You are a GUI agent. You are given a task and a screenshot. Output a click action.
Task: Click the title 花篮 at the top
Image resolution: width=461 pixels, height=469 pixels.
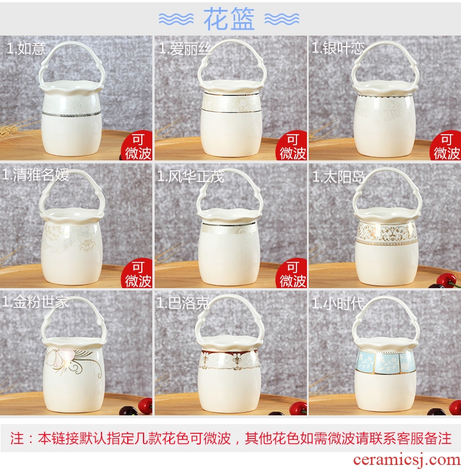[229, 19]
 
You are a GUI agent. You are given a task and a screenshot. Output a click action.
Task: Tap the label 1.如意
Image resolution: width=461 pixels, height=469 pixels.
[26, 48]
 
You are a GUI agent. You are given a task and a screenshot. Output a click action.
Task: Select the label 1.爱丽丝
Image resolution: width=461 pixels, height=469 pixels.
[185, 48]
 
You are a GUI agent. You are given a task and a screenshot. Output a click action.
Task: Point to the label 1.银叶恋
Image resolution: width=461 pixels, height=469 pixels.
[338, 48]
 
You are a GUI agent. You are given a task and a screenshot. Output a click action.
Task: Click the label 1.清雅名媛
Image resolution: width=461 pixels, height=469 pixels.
[36, 175]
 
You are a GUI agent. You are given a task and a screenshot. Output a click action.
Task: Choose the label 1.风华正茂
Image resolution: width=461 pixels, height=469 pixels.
[190, 176]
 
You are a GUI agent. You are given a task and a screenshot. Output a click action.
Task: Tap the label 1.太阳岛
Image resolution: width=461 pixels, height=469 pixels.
[338, 177]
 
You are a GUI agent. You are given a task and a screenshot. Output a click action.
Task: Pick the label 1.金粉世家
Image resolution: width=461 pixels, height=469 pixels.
[35, 302]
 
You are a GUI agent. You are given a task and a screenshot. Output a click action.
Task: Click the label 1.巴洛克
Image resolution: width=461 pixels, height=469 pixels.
[183, 303]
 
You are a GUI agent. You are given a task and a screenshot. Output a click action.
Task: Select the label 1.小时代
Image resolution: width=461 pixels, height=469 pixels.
[338, 303]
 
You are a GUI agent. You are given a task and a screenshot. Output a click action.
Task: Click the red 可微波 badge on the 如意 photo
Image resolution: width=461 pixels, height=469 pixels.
[137, 146]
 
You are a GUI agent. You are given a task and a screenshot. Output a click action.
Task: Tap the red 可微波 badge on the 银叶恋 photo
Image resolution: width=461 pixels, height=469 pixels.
[446, 146]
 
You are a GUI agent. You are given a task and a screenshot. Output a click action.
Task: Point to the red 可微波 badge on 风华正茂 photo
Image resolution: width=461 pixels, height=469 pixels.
[292, 273]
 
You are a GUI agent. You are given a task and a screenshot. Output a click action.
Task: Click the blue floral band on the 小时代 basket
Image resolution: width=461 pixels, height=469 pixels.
[385, 362]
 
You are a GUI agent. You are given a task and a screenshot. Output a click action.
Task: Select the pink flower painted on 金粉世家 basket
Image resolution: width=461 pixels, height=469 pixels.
[61, 358]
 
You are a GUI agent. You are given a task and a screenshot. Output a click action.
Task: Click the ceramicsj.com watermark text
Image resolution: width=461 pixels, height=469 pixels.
[407, 460]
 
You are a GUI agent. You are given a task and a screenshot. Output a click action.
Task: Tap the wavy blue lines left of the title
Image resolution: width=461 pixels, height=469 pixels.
[176, 19]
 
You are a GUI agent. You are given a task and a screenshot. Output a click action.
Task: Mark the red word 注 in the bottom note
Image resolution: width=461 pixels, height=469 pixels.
[17, 438]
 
